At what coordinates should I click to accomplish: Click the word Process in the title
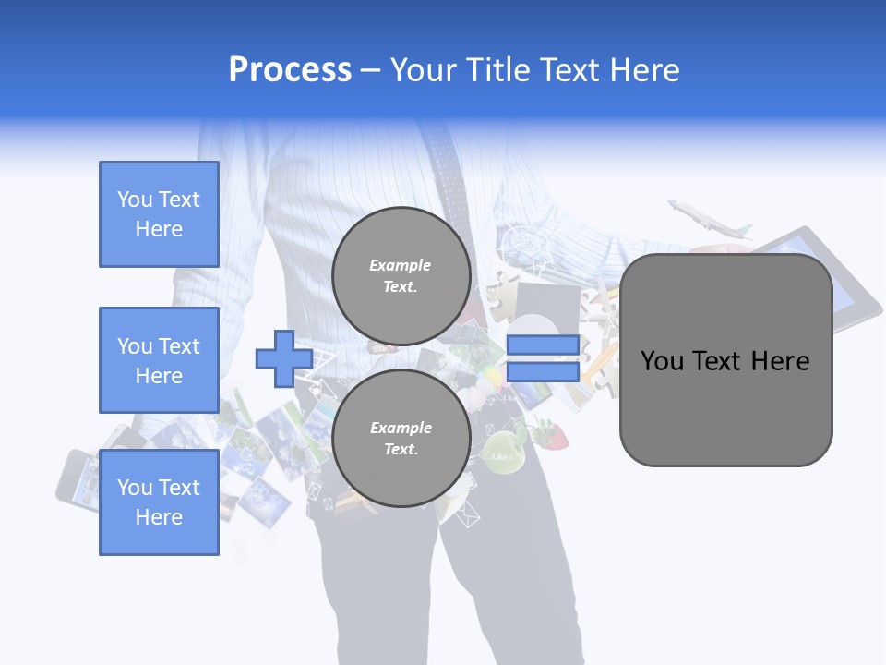click(290, 70)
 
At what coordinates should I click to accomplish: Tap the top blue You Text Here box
click(159, 214)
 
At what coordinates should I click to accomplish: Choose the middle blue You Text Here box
click(159, 360)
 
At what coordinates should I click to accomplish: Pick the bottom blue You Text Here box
click(159, 502)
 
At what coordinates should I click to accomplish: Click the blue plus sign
click(284, 359)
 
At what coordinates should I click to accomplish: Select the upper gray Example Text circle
click(401, 276)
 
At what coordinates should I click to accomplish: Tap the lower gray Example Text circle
click(401, 439)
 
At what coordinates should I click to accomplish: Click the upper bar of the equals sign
click(543, 345)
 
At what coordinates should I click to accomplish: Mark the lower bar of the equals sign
click(543, 372)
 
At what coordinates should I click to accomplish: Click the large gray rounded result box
click(725, 406)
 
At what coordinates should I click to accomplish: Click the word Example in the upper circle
click(401, 266)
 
